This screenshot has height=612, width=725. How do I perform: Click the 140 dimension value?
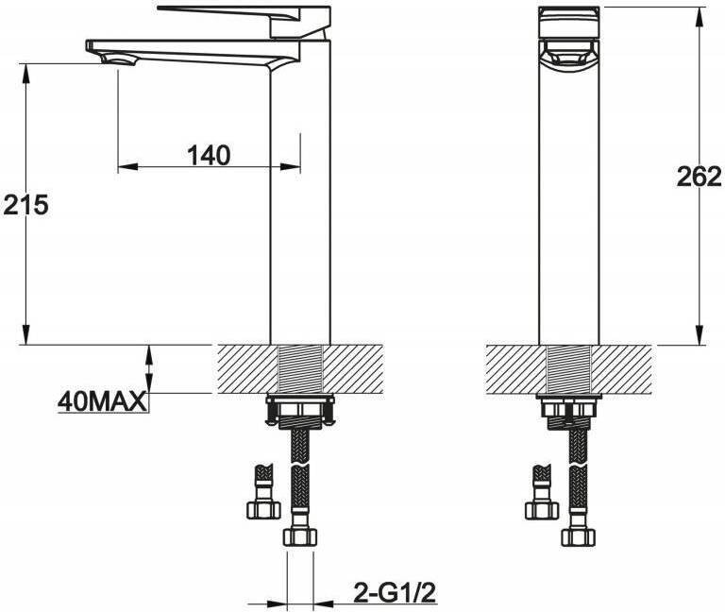click(x=209, y=155)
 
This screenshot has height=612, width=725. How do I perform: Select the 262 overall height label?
click(x=700, y=177)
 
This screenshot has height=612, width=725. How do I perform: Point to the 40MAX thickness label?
click(x=102, y=401)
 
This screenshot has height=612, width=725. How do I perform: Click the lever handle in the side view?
click(x=244, y=21)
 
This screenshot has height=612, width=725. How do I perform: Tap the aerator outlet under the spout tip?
click(x=119, y=60)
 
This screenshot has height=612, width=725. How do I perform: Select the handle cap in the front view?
click(x=569, y=23)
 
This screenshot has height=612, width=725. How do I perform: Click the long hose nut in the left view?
click(x=300, y=536)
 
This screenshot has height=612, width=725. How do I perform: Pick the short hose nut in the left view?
click(x=263, y=510)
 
